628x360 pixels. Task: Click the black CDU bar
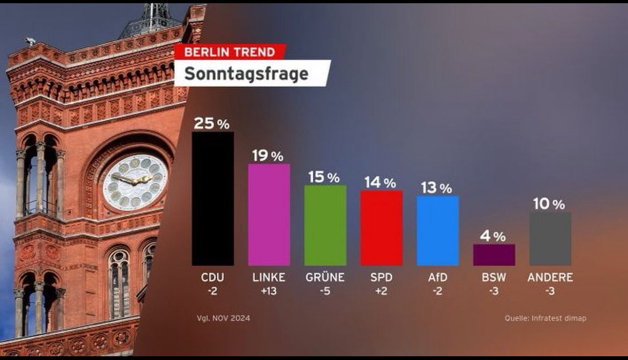click(213, 199)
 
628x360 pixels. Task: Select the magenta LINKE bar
click(269, 215)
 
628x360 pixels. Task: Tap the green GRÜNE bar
click(325, 225)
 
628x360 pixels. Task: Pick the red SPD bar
click(381, 228)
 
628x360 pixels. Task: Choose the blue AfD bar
click(437, 230)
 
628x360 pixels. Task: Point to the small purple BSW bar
click(494, 255)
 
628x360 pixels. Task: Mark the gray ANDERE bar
click(550, 239)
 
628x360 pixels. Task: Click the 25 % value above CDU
click(211, 123)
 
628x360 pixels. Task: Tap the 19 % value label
click(268, 156)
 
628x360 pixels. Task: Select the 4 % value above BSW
click(493, 236)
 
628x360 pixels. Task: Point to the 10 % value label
click(549, 204)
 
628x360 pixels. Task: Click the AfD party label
click(437, 278)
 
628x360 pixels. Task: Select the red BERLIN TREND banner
click(230, 52)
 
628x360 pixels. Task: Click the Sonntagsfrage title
click(247, 74)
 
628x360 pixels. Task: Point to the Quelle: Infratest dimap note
click(545, 318)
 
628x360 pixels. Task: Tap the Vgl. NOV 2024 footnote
click(223, 318)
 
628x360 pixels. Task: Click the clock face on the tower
click(135, 182)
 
